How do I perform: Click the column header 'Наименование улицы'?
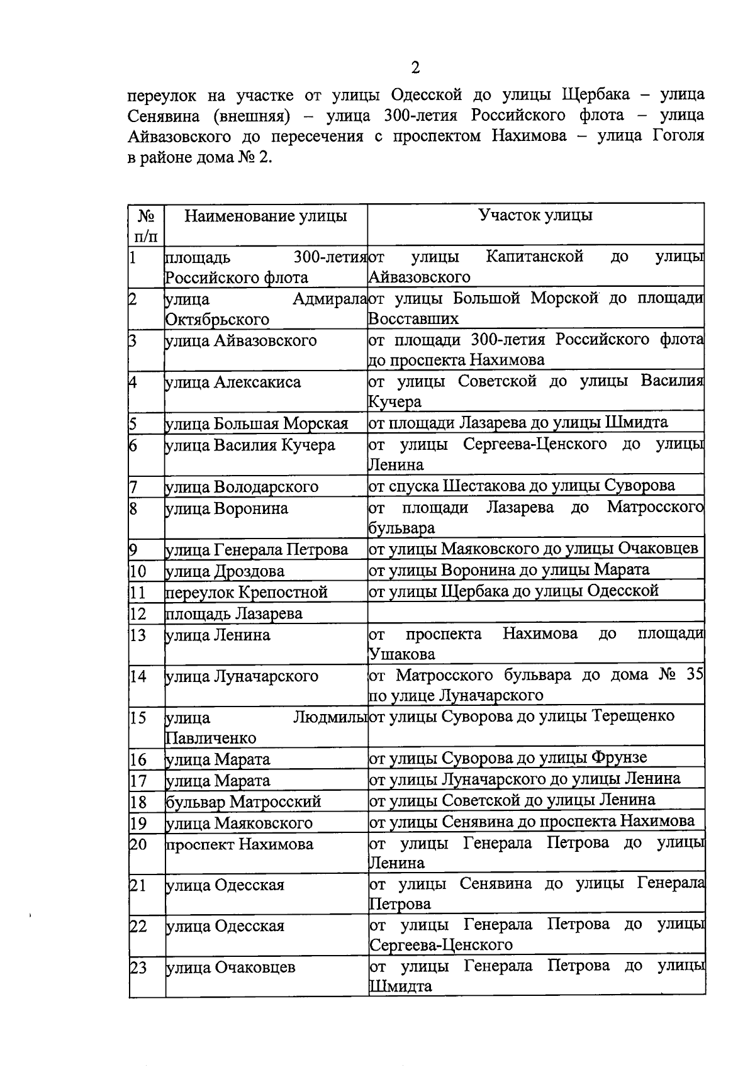tap(266, 216)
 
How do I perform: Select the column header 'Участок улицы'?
tap(535, 215)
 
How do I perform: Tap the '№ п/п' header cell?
tap(146, 225)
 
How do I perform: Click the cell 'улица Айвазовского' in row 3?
tap(240, 341)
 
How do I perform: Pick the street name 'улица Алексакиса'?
tap(233, 383)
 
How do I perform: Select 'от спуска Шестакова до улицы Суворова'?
tap(522, 486)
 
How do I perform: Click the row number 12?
tap(138, 613)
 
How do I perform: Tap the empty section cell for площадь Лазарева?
tap(535, 612)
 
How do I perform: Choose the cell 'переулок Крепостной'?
tap(247, 593)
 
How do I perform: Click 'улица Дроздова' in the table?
tap(225, 571)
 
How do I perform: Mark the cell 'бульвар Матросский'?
tap(243, 802)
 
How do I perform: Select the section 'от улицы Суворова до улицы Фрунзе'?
tap(508, 758)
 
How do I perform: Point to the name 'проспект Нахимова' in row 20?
tap(240, 844)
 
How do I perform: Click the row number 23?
tap(138, 968)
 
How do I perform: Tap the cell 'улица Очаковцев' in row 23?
tap(230, 968)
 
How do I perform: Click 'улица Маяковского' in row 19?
tap(239, 824)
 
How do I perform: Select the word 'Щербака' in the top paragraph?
tap(595, 96)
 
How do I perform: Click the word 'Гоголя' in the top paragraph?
tap(678, 137)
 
